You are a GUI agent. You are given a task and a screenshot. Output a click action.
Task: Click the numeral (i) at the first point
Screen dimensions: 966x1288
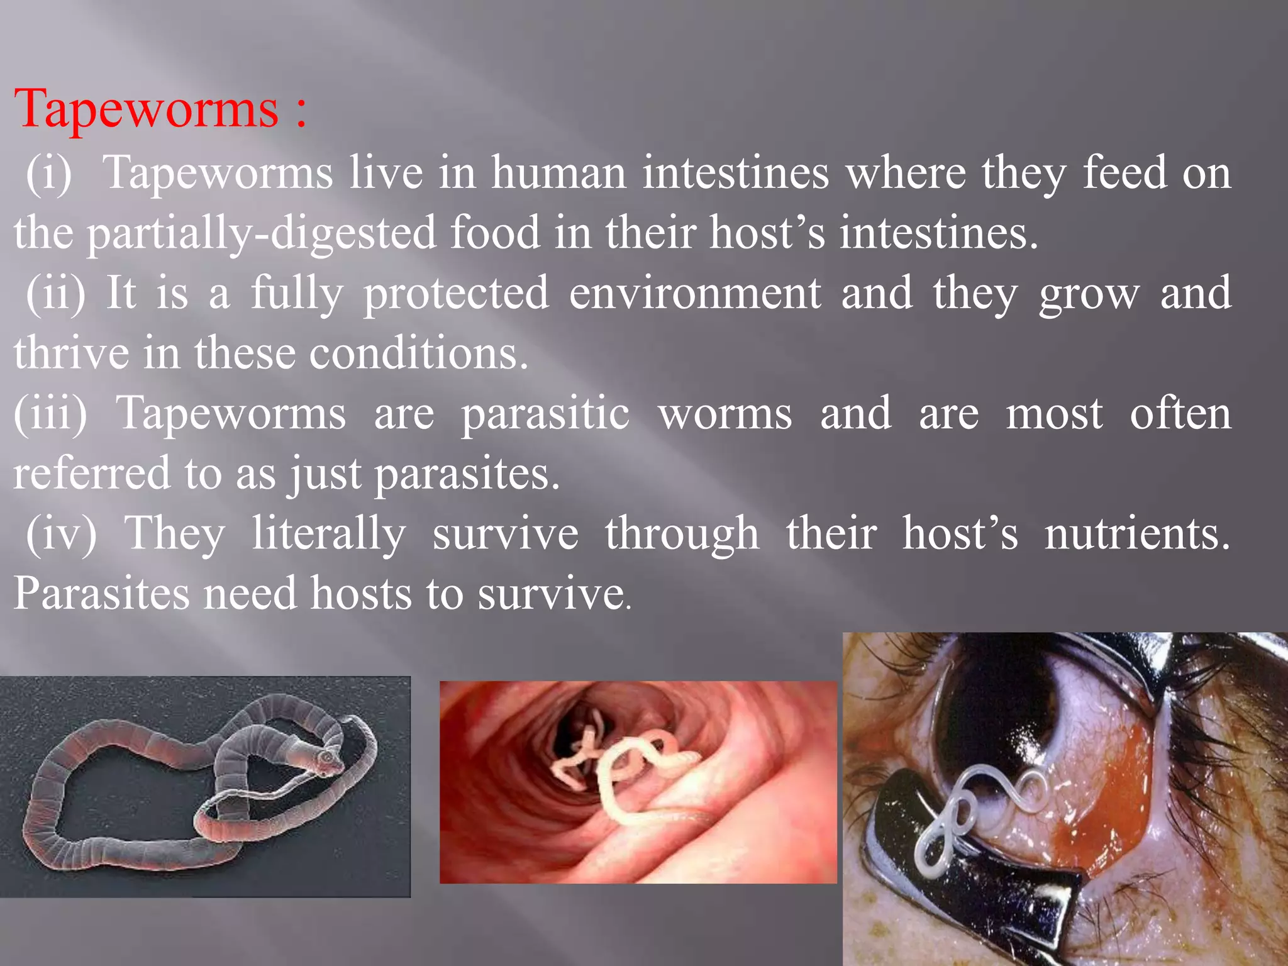[49, 173]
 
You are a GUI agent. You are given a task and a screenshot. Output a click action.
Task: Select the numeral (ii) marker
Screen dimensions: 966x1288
[55, 293]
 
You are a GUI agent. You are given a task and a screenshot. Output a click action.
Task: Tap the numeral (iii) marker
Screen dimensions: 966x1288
[50, 413]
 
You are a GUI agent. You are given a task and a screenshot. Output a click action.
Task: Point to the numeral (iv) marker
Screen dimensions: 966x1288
[61, 533]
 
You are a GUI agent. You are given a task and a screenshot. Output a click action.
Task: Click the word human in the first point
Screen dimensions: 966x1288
[558, 173]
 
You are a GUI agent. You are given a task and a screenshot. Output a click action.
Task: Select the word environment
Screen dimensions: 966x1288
[695, 293]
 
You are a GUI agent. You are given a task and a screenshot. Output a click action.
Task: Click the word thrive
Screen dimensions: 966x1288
[71, 353]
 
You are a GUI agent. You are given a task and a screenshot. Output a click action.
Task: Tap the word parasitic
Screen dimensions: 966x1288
[545, 414]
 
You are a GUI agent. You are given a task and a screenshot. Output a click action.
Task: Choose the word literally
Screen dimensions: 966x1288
[329, 535]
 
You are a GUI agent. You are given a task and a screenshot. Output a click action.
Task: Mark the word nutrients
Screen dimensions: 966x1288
[1137, 533]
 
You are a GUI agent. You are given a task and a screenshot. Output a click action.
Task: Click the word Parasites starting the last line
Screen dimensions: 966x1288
[101, 594]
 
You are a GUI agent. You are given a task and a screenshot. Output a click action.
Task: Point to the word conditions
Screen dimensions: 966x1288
[418, 353]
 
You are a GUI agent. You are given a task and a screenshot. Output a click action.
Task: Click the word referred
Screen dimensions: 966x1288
[91, 474]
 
